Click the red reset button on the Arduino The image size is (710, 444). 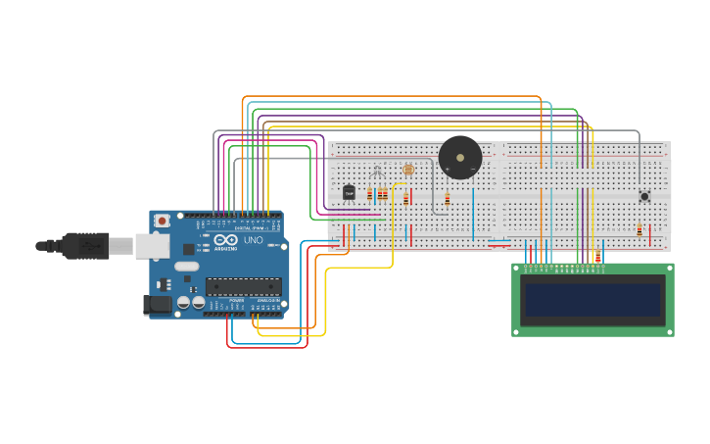(163, 221)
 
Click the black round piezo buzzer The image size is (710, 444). (459, 157)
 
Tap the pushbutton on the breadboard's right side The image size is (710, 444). (644, 196)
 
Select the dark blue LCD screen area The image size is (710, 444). (592, 300)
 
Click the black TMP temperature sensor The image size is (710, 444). (349, 192)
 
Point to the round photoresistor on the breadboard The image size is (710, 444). (408, 170)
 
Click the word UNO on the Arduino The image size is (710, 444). (253, 240)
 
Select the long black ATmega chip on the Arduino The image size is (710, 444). (243, 286)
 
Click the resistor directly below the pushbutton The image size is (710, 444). (639, 230)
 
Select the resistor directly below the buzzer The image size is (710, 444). (448, 200)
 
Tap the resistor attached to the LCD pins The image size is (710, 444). (597, 257)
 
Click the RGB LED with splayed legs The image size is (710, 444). (377, 173)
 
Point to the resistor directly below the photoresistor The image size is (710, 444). (405, 199)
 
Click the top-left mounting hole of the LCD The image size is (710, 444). (517, 268)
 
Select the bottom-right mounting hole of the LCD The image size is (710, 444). (669, 331)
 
